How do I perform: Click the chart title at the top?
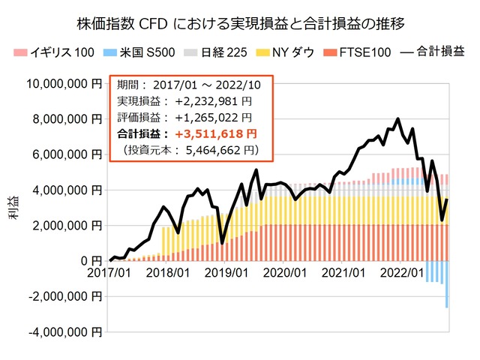tap(240, 22)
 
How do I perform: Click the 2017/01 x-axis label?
tap(110, 274)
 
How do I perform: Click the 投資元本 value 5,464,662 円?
tap(223, 150)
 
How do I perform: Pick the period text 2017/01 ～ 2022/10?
tap(211, 85)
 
